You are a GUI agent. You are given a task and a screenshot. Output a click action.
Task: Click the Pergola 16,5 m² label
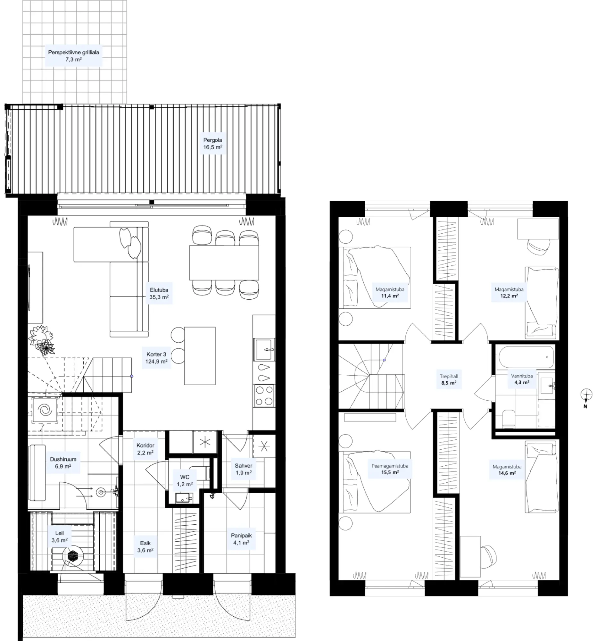[212, 144]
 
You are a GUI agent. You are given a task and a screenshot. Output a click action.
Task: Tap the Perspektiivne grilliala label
[74, 52]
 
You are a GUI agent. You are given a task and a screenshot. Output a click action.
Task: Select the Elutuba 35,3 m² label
[159, 293]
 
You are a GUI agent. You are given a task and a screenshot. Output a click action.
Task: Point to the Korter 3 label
[156, 354]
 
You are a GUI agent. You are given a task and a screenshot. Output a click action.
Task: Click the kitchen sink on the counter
[264, 349]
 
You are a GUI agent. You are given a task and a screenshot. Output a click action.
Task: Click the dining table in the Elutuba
[224, 263]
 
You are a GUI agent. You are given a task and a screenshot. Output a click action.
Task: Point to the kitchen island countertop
[200, 355]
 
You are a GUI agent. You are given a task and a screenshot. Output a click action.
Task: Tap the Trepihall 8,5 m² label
[449, 379]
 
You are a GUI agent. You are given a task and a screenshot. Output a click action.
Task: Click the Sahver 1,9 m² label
[243, 469]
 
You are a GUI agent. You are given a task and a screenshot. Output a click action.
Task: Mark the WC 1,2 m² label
[185, 480]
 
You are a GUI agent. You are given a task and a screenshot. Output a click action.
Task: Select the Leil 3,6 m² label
[60, 537]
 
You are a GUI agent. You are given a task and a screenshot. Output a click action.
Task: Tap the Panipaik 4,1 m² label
[241, 539]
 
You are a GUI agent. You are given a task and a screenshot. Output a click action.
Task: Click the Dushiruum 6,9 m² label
[63, 462]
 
